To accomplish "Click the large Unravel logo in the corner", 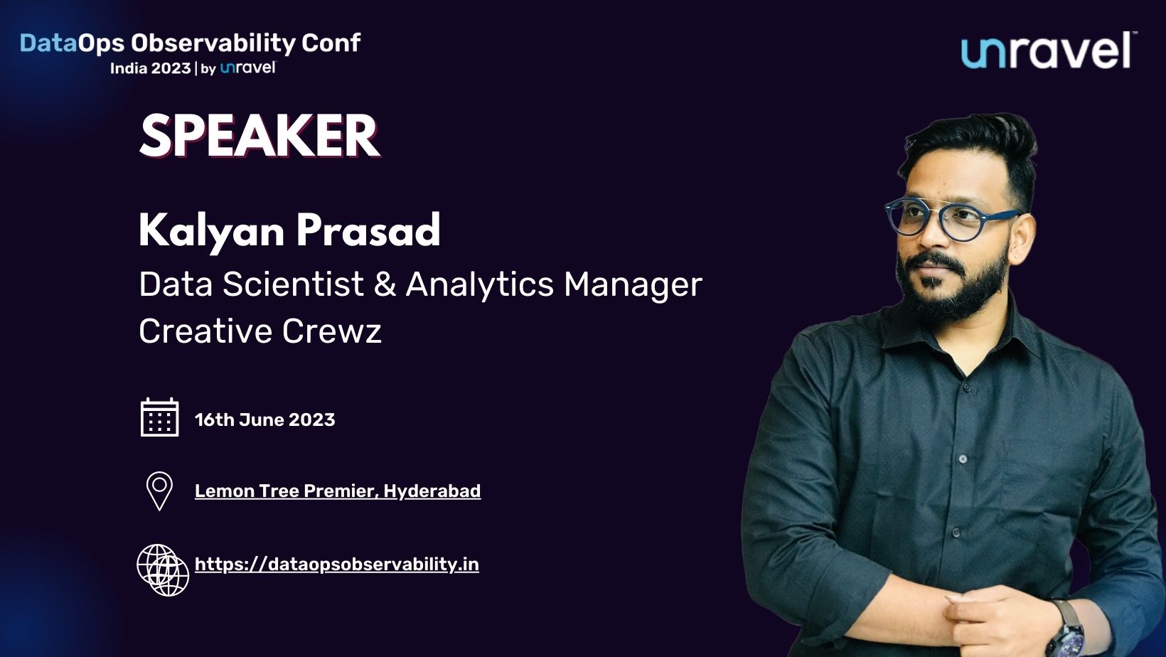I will click(x=1047, y=50).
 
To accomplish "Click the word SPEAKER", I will click(x=260, y=136).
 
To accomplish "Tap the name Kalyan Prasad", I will click(x=289, y=230).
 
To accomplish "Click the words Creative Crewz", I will click(x=260, y=331).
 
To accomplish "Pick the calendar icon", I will click(x=159, y=417).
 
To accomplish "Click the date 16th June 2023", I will click(x=264, y=420).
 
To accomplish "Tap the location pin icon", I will click(x=159, y=491).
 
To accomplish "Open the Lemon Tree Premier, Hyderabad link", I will click(x=338, y=491).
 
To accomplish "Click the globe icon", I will click(x=163, y=570).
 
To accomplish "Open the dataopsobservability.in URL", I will click(x=336, y=565).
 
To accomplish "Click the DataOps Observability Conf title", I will click(x=190, y=43).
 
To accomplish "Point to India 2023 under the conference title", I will click(x=150, y=68).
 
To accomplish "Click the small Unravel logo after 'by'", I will click(x=247, y=68).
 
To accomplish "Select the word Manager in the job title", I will click(x=633, y=284).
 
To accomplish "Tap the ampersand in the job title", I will click(x=385, y=284).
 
